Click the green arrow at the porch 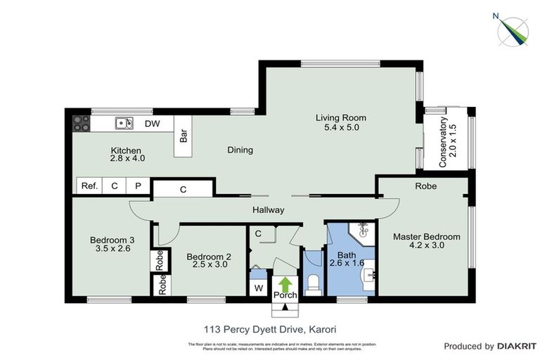pos(285,284)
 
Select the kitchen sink pos(124,124)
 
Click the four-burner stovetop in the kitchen pos(82,124)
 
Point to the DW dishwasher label pos(153,124)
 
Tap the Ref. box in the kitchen pos(89,186)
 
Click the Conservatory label pos(443,141)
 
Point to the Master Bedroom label pos(426,236)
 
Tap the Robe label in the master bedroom pos(425,186)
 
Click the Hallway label pos(269,210)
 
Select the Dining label pos(240,150)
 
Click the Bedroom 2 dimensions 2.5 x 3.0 pos(208,266)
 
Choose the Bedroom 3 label pos(112,240)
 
